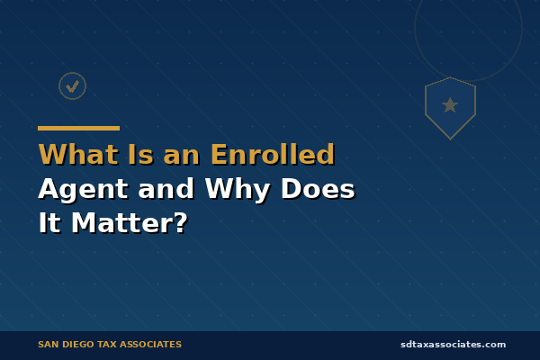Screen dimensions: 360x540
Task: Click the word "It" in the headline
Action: (49, 223)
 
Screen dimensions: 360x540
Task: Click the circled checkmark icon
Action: (72, 85)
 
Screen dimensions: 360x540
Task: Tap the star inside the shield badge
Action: (450, 105)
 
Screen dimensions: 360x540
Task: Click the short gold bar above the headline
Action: (78, 128)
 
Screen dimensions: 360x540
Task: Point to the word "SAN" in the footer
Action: (49, 345)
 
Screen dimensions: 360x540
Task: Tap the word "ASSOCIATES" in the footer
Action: (155, 345)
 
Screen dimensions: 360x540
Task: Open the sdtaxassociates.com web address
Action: (453, 345)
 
